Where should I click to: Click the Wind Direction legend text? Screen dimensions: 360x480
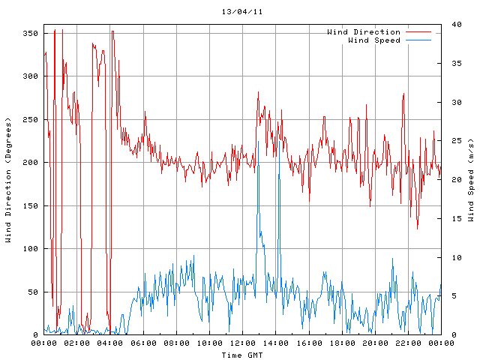coord(364,32)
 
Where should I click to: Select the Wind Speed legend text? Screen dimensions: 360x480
coord(374,40)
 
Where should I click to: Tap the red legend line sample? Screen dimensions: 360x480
coord(419,32)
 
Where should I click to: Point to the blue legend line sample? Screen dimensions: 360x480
coord(419,40)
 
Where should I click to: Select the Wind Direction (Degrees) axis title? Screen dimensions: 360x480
coord(8,180)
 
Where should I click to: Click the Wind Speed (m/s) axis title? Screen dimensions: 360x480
coord(470,180)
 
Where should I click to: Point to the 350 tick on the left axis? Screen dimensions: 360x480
coord(30,34)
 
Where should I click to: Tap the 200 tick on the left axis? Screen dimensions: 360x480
coord(30,163)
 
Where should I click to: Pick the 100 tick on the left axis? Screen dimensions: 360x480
coord(30,249)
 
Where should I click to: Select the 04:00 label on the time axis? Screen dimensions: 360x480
coord(110,343)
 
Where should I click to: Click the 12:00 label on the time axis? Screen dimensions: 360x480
coord(242,343)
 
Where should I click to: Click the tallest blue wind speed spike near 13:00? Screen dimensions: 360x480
coord(258,141)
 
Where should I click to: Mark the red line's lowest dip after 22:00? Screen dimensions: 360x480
coord(418,229)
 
